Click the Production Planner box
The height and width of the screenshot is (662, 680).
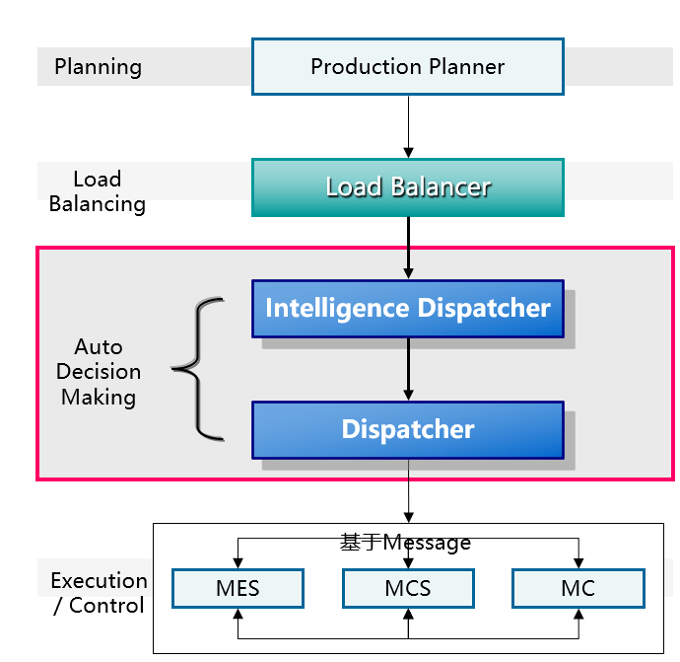(407, 66)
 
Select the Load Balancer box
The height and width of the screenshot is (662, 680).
(407, 186)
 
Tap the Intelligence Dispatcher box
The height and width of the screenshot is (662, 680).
(407, 308)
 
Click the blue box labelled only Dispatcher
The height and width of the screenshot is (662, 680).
(407, 430)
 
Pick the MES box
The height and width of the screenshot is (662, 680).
(238, 589)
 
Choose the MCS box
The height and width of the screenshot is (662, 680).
(408, 589)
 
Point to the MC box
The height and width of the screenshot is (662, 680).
(578, 589)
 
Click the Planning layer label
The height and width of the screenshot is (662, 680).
(98, 67)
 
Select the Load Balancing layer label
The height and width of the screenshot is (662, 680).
(98, 191)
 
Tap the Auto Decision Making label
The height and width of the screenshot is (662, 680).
(99, 372)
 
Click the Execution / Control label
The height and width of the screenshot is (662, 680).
(99, 593)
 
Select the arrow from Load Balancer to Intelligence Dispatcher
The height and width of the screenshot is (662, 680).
(407, 248)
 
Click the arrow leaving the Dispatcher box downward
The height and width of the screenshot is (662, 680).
(407, 490)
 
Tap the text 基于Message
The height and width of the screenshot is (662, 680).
(405, 543)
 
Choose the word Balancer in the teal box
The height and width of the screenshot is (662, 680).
(442, 186)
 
